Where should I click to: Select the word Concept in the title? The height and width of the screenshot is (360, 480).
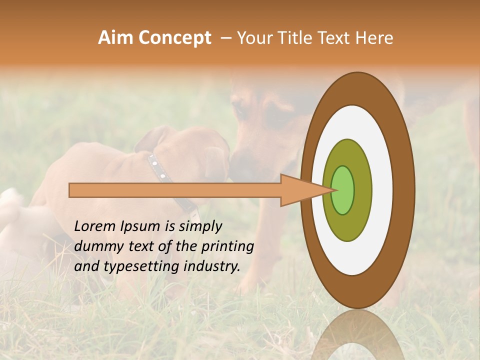(174, 38)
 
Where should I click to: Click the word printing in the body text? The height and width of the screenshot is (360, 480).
(227, 246)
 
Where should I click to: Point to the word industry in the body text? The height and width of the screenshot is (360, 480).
(213, 266)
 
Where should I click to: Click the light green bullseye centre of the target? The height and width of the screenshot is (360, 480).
(343, 190)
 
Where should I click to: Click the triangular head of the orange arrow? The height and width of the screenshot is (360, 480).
(300, 190)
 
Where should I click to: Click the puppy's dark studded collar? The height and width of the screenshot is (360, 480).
(170, 182)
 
